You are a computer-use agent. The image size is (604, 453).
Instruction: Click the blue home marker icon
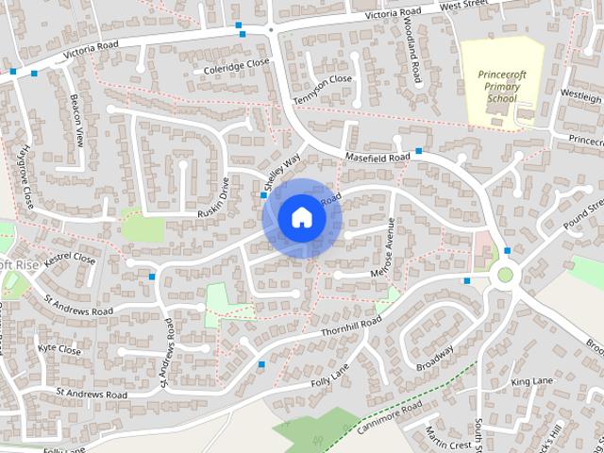(301, 218)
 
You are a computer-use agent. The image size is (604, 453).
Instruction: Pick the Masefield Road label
(377, 155)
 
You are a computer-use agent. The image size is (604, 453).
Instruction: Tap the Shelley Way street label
(282, 167)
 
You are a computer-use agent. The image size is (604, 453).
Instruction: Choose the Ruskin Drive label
(213, 197)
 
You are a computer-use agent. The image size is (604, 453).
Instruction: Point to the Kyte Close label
(59, 348)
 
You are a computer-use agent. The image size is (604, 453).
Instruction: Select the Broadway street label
(435, 358)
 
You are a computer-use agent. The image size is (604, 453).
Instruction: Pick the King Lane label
(531, 381)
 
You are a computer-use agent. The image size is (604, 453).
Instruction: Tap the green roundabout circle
(506, 276)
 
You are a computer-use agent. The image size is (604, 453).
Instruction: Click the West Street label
(488, 6)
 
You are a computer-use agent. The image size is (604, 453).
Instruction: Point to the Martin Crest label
(447, 437)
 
